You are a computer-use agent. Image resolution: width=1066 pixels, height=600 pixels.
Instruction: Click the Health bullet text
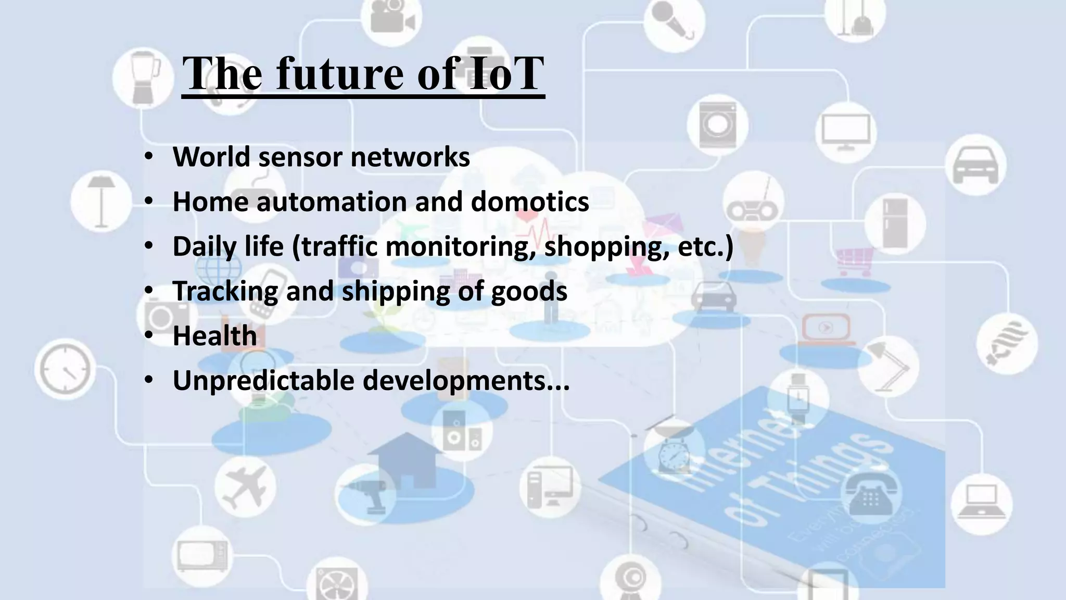214,336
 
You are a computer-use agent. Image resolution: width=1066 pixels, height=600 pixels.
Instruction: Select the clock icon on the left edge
65,368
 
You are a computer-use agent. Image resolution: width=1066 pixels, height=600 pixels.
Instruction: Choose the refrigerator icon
895,223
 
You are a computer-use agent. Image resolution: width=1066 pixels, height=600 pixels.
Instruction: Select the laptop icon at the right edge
981,503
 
